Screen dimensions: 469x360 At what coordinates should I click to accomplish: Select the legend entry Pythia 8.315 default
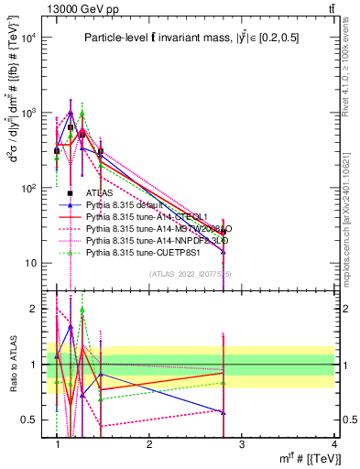[x=127, y=204]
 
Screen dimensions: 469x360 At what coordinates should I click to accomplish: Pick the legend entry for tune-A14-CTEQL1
[x=146, y=216]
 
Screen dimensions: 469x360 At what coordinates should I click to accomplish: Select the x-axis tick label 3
[x=242, y=444]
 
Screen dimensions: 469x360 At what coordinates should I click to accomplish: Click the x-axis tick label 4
[x=333, y=444]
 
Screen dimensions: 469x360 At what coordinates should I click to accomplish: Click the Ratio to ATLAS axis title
[x=12, y=365]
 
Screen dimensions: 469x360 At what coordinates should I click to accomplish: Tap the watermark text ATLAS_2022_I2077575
[x=191, y=273]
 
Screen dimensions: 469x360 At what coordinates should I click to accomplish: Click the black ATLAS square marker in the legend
[x=71, y=193]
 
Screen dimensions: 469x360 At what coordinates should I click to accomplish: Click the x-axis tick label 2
[x=149, y=444]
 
